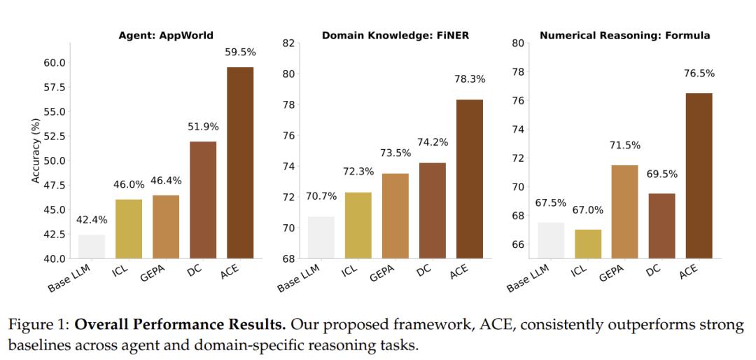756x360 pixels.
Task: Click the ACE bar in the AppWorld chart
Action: point(240,162)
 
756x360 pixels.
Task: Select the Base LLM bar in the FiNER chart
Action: point(321,237)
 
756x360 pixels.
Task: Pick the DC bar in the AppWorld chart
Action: point(203,200)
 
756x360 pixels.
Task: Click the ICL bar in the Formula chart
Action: point(588,243)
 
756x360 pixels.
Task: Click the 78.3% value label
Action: point(469,79)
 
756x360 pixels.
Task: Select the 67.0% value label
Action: point(588,210)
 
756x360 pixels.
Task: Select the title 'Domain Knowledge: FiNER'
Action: point(395,35)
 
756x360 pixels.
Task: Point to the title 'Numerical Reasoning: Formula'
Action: point(625,35)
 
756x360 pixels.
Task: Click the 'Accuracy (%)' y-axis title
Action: point(36,151)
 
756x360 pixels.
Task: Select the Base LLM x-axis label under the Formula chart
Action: point(528,277)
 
